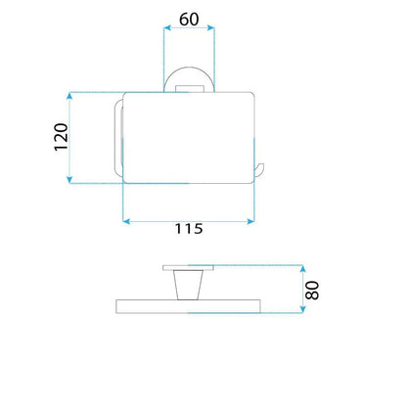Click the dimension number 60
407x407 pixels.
pyautogui.click(x=189, y=20)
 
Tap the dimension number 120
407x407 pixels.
pyautogui.click(x=62, y=137)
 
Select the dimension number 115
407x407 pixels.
pyautogui.click(x=189, y=229)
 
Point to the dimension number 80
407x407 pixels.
pyautogui.click(x=312, y=291)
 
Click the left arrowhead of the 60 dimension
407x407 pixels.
pyautogui.click(x=167, y=28)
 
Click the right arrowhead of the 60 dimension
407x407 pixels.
pyautogui.click(x=210, y=28)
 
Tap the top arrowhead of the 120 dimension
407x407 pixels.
pyautogui.click(x=69, y=96)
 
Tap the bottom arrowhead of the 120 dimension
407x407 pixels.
pyautogui.click(x=69, y=179)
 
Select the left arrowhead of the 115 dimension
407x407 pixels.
pyautogui.click(x=126, y=222)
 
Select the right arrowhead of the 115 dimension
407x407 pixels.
pyautogui.click(x=250, y=222)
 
